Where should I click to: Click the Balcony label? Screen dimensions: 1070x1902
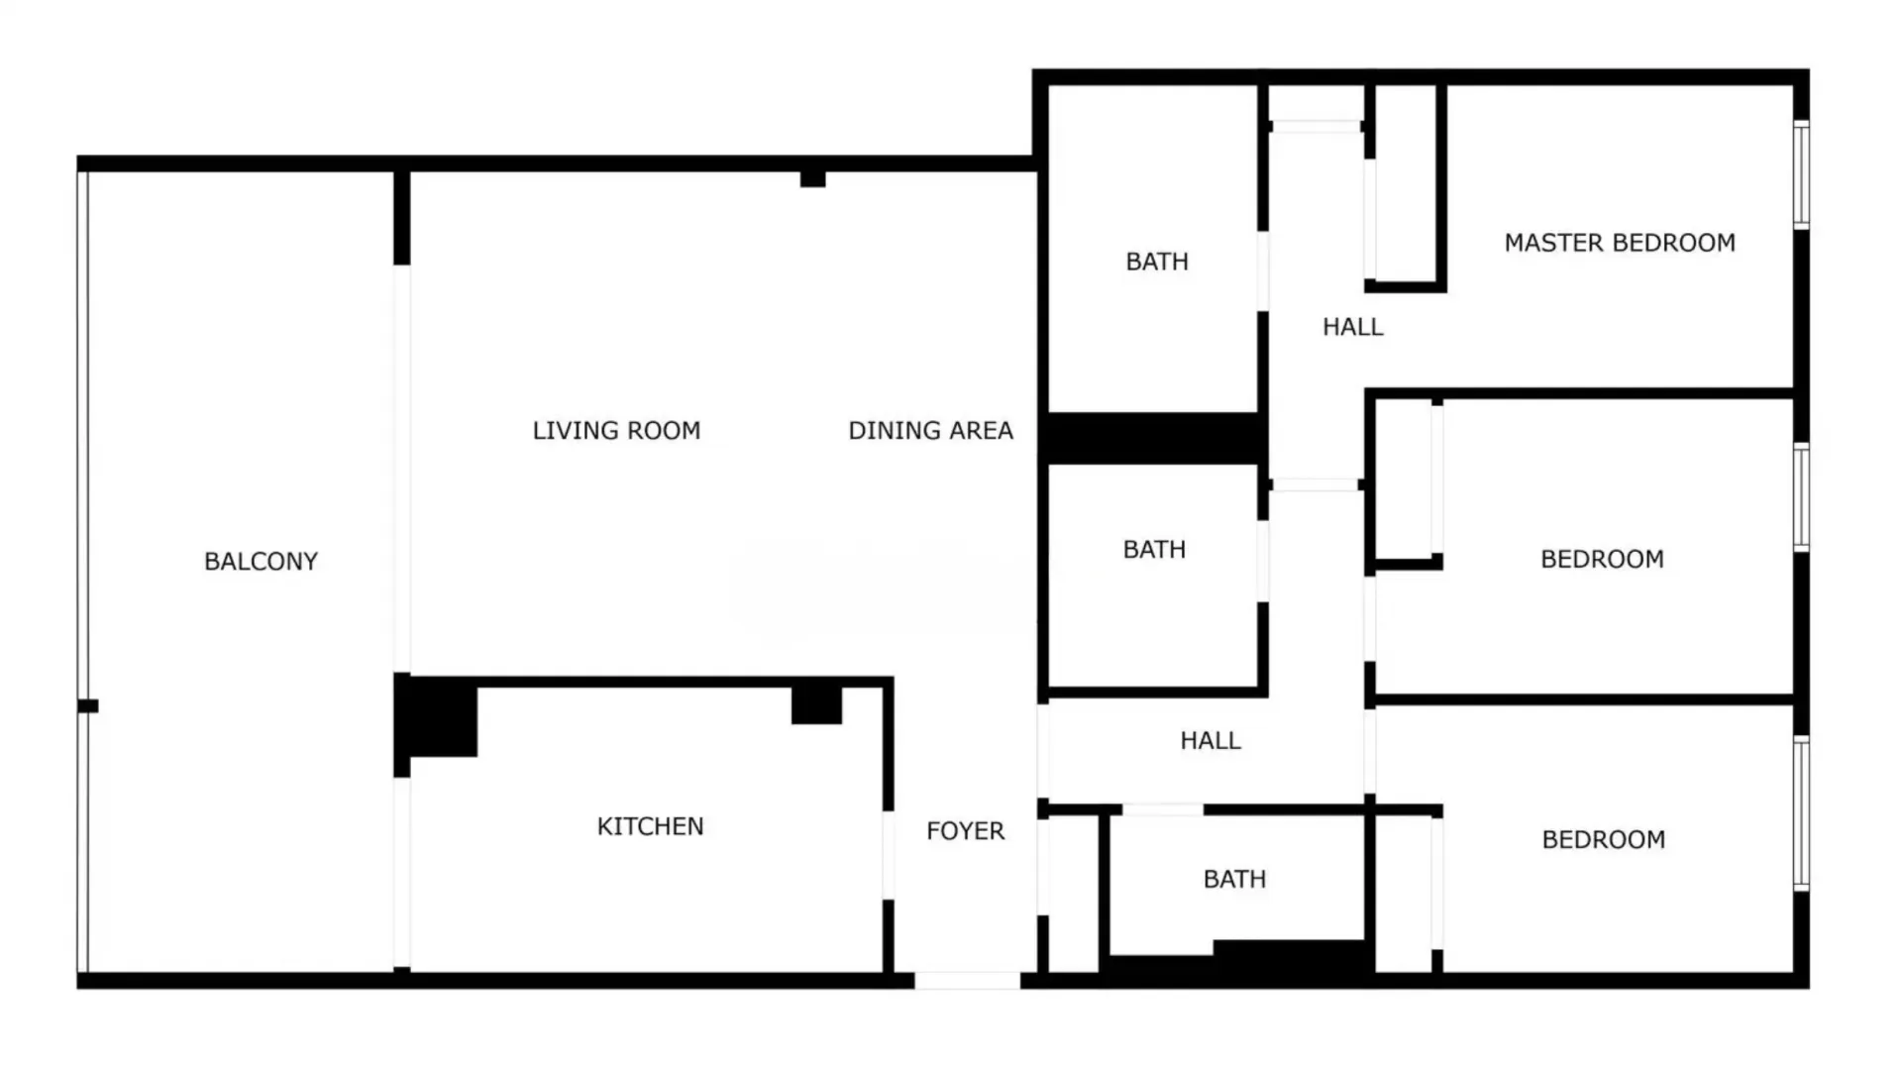261,562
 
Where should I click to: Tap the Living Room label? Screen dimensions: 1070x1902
616,431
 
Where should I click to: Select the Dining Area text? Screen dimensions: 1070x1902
930,431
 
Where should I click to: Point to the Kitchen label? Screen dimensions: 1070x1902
650,826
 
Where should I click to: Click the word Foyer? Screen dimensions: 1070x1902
965,831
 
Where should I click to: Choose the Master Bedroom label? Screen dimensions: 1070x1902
1620,243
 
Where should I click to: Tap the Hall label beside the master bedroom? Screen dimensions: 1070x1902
1352,327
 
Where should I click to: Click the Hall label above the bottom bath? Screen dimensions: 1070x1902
1210,741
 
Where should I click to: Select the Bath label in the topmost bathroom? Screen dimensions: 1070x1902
1156,262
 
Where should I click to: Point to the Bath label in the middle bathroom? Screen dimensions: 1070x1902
1154,550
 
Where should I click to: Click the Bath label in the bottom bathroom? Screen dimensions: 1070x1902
1234,880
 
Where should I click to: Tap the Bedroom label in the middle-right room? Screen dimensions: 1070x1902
1602,560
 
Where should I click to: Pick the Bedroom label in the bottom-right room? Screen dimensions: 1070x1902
1603,840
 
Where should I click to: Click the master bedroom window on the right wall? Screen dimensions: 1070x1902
1801,174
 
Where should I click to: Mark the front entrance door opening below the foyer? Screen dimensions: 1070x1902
967,981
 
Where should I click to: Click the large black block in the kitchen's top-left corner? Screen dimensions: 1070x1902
437,717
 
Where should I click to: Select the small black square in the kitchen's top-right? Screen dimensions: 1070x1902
816,703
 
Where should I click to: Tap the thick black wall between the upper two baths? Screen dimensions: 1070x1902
1154,438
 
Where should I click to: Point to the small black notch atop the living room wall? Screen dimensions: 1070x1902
812,179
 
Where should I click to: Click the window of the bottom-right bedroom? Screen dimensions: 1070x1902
1801,812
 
